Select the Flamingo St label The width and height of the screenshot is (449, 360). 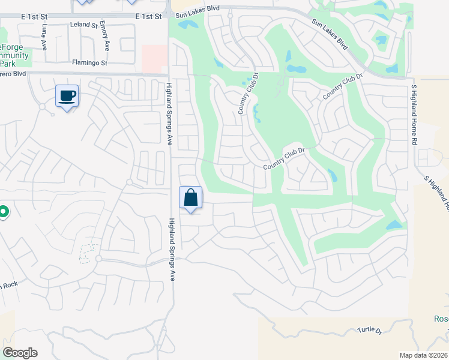pos(89,62)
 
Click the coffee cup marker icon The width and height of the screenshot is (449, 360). pos(67,95)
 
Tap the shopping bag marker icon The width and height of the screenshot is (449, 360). pos(190,197)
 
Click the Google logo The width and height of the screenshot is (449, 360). pos(20,353)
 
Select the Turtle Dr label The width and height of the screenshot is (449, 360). pos(369,330)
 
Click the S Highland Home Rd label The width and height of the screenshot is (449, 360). pos(414,115)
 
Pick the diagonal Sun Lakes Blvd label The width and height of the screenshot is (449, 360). pos(330,34)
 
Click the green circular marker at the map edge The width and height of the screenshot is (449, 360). pos(2,212)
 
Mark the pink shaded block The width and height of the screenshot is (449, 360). pos(154,59)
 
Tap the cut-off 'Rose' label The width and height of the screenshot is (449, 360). pos(441,319)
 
